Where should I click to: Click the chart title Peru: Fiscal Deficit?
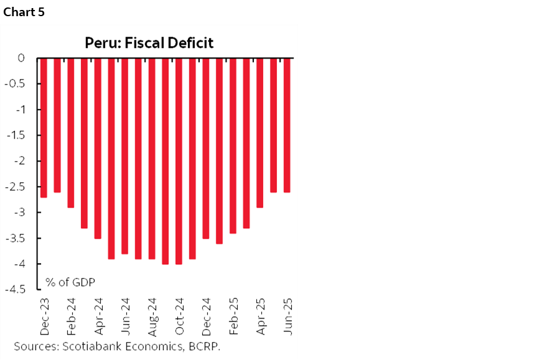[149, 43]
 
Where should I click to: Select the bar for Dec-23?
[43, 127]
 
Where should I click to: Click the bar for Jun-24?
[125, 155]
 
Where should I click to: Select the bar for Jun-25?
[287, 125]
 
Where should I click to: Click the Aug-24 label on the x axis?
[152, 316]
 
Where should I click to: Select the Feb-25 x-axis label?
[234, 316]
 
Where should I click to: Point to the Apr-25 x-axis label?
[261, 316]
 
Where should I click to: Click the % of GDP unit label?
[70, 282]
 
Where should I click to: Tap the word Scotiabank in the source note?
[83, 347]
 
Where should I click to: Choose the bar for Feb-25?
[233, 145]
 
